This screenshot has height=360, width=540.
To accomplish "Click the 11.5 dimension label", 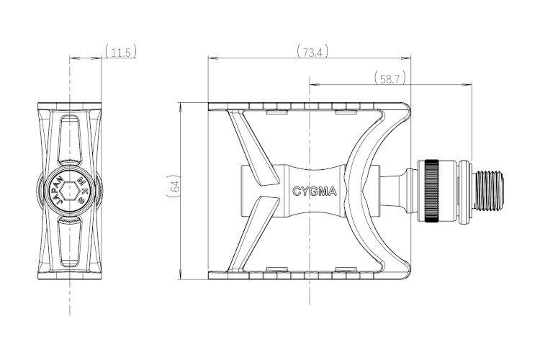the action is point(120,52).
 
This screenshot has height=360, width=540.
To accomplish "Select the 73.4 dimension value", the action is point(312,52).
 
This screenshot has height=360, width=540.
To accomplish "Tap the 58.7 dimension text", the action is point(390,78).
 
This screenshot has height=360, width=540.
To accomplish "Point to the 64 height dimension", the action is point(174,186).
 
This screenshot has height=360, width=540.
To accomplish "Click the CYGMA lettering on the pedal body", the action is point(315,192).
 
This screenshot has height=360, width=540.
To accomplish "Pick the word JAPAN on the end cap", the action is point(59,192).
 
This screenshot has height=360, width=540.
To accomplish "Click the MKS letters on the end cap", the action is point(83,190).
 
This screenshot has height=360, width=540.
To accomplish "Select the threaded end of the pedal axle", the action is point(489,191).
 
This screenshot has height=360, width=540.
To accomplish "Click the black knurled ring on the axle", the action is point(431,191).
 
